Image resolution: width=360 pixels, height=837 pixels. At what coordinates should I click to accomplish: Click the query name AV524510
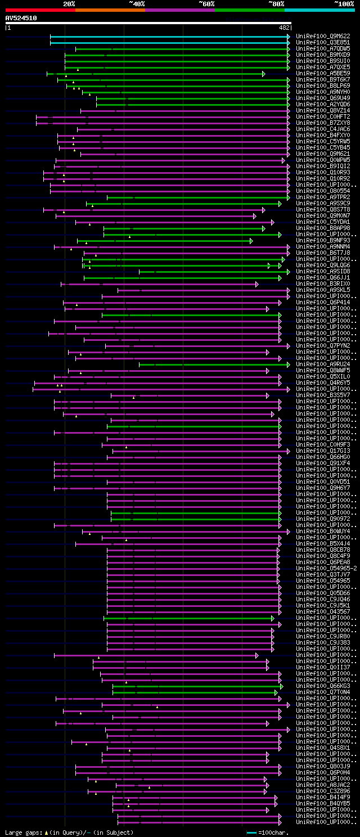pos(21,18)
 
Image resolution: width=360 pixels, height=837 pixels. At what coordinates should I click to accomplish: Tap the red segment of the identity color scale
pos(40,10)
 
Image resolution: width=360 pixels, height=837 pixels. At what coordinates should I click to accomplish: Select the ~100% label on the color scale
pos(344,3)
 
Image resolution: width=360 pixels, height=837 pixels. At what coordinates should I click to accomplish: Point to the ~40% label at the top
pos(137,3)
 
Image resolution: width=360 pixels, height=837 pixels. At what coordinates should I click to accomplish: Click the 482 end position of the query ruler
pos(284,27)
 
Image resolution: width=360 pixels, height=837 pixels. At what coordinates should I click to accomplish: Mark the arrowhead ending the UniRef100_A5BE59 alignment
pos(263,74)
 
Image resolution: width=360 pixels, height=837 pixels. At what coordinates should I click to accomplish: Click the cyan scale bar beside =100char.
pos(251,832)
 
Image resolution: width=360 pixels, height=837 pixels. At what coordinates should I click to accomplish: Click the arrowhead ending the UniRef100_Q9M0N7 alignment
pos(256,216)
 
